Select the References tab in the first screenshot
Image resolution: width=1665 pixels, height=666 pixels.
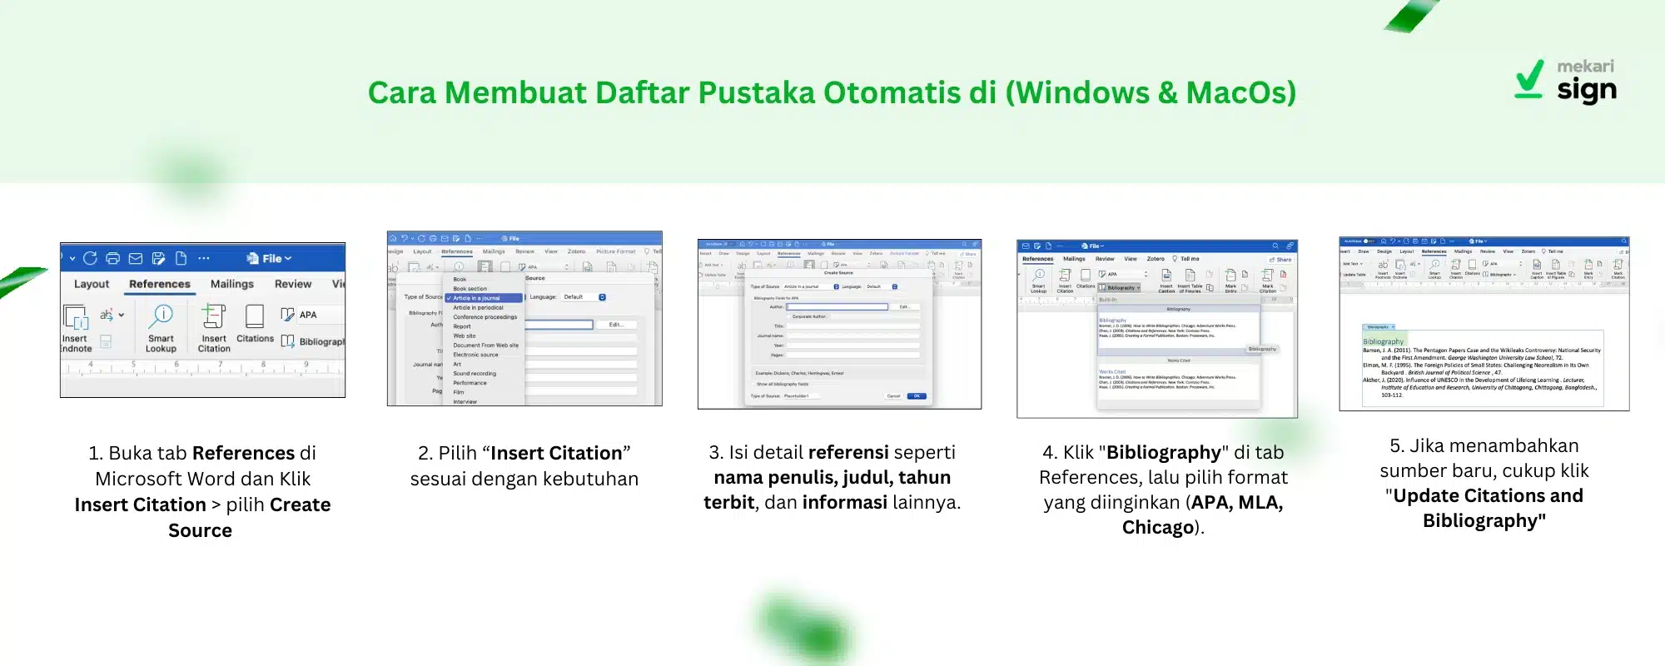(x=160, y=284)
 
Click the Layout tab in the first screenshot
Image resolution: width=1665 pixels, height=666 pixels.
(x=92, y=284)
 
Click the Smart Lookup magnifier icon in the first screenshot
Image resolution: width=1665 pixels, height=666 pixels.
(x=162, y=316)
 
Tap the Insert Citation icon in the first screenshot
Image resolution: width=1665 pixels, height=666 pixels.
(x=214, y=316)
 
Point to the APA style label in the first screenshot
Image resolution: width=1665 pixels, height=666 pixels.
(x=308, y=315)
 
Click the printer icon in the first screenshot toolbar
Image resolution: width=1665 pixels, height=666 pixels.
(x=113, y=258)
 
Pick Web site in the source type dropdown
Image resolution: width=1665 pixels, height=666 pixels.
(x=465, y=335)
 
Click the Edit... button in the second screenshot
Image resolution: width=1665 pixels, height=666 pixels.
(x=616, y=325)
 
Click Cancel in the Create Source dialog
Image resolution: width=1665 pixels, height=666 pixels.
(x=893, y=396)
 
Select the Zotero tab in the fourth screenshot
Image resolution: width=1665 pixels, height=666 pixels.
(x=1156, y=259)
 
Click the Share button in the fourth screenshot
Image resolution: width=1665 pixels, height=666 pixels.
(x=1281, y=260)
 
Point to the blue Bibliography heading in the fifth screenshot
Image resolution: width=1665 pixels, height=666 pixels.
(x=1383, y=341)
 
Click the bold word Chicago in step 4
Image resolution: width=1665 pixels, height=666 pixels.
(x=1158, y=528)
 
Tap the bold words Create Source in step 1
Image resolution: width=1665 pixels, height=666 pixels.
(x=250, y=517)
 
